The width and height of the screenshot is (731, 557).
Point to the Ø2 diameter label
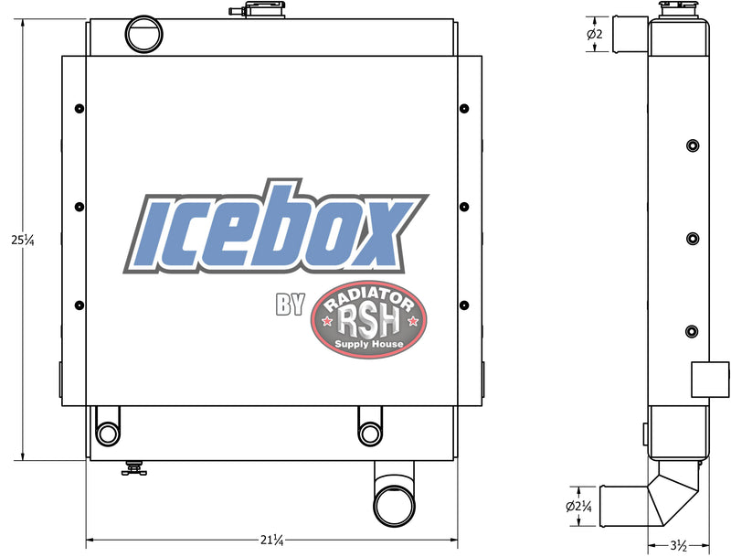594,35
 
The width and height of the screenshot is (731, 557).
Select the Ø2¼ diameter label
579,506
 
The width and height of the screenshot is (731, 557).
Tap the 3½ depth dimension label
678,546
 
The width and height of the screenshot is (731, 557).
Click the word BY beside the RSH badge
290,305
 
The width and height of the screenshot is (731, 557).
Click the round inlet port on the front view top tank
143,34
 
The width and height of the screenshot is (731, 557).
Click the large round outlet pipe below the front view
395,504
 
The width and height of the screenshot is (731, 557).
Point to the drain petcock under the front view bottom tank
134,469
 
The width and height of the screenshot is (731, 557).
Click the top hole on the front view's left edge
79,109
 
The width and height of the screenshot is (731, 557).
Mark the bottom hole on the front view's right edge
463,305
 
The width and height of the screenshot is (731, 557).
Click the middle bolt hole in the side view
692,239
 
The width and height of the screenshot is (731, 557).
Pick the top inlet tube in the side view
630,35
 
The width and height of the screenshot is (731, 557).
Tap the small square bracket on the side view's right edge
710,378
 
